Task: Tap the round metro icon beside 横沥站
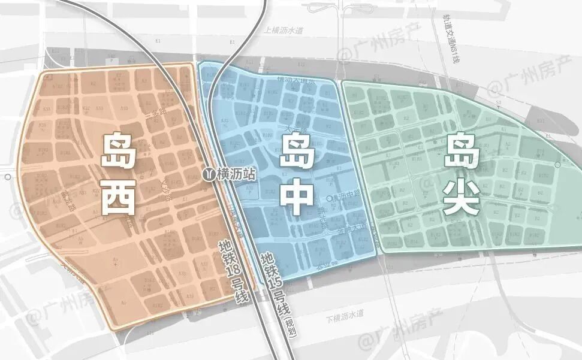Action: (x=209, y=174)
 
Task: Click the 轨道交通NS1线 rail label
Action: (x=451, y=40)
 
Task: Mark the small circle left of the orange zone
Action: (x=7, y=177)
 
